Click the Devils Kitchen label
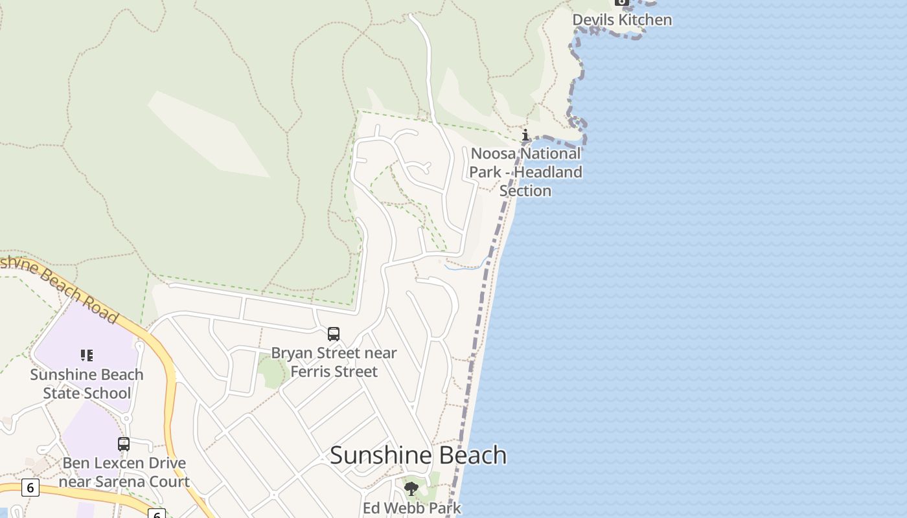coord(622,20)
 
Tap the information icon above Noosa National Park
coord(525,135)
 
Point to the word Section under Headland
coord(525,191)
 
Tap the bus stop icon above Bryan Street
coord(334,334)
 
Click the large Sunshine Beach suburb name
coord(418,455)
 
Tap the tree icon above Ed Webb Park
coord(411,489)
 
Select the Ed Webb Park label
coord(411,508)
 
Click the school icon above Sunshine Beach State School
coord(87,355)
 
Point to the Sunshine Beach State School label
coord(87,384)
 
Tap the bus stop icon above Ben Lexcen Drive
coord(124,444)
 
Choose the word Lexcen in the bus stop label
coord(115,464)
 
